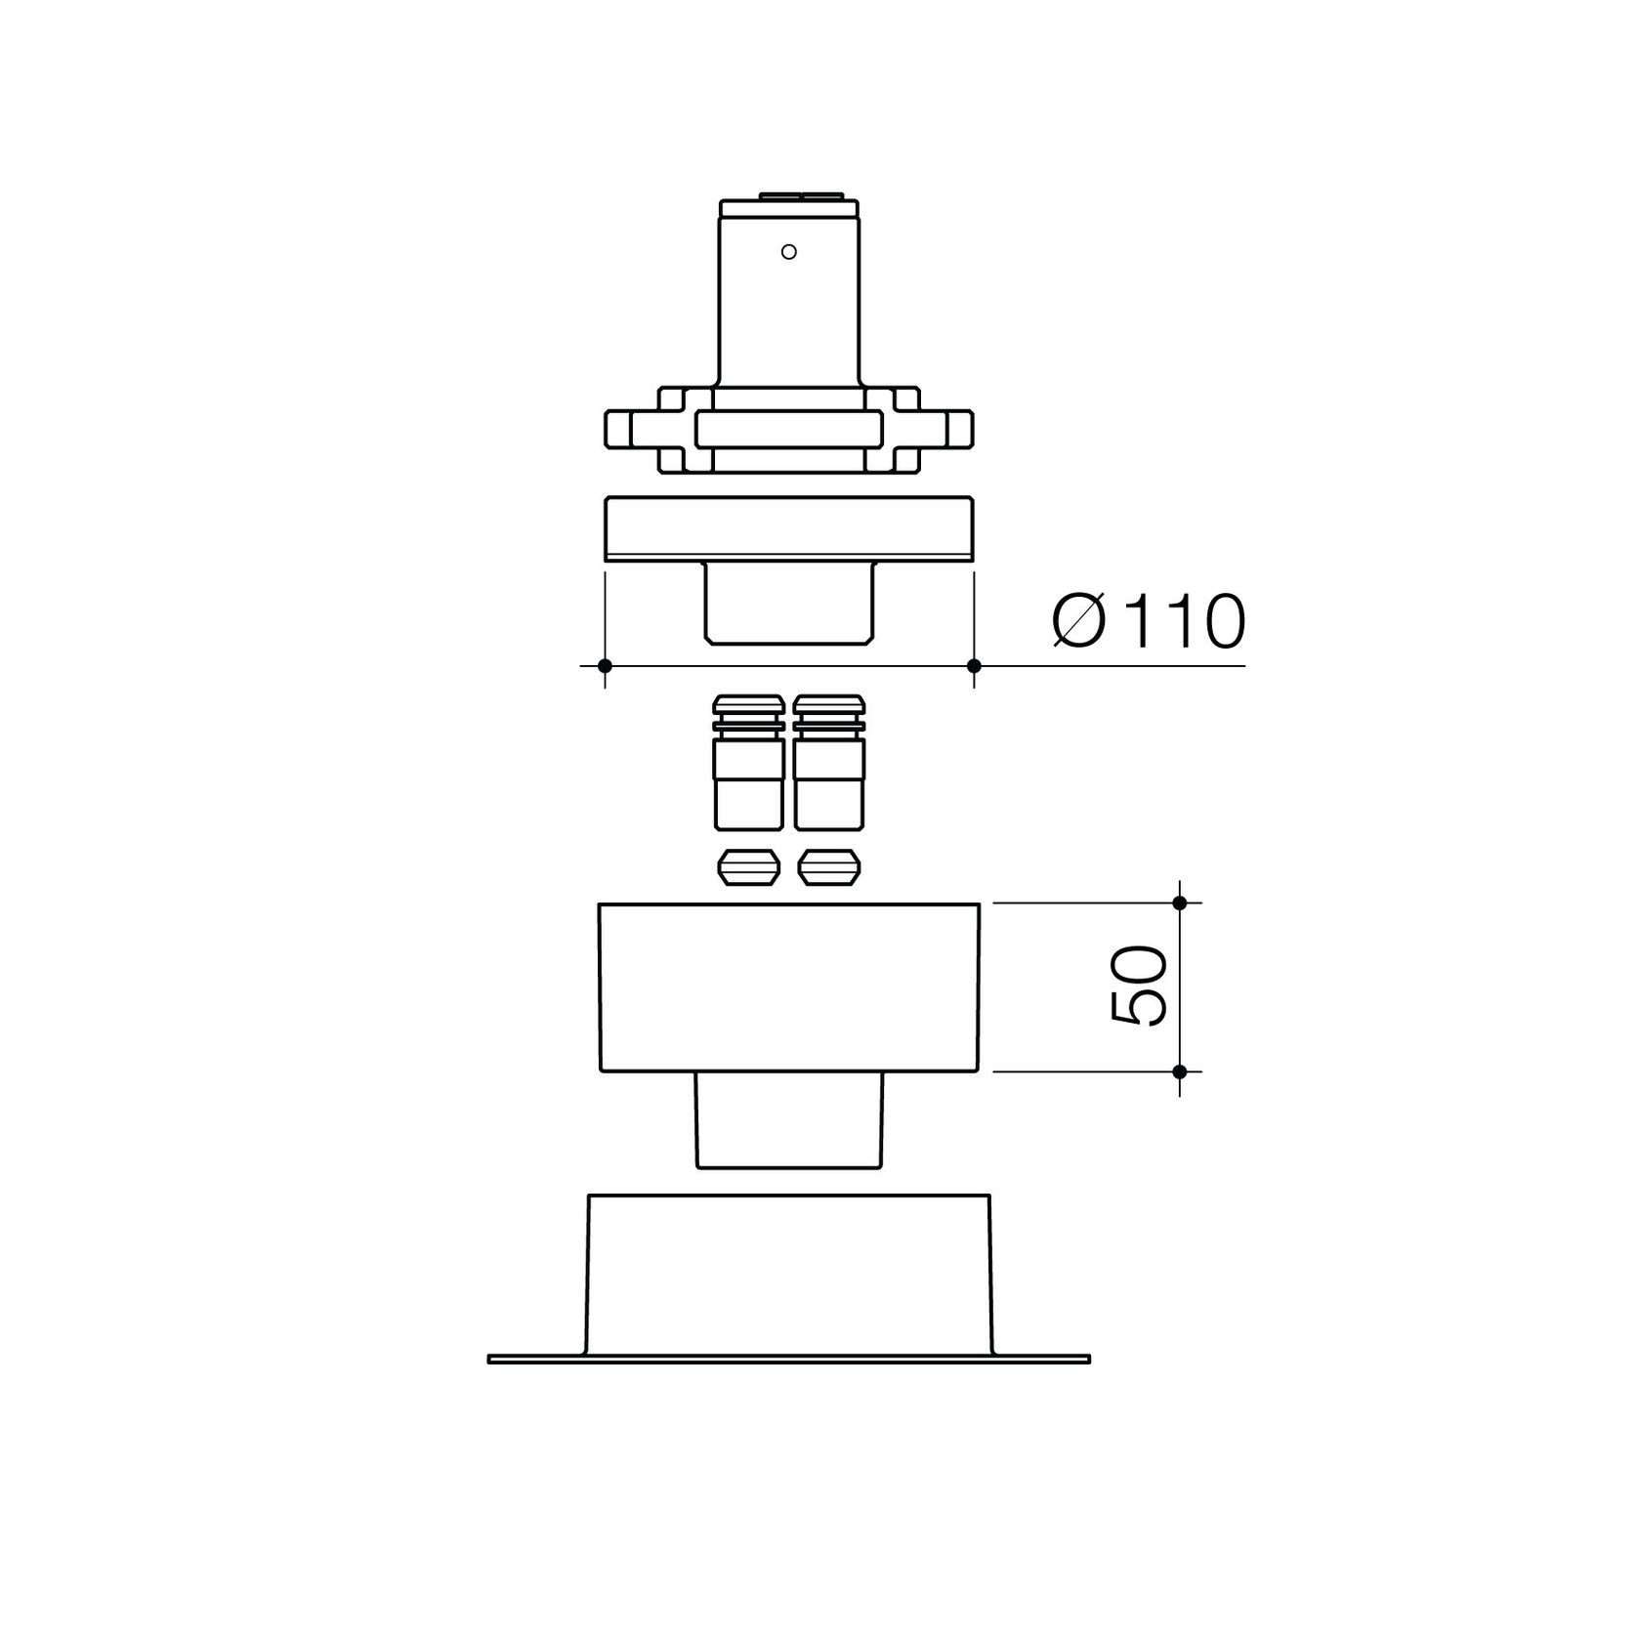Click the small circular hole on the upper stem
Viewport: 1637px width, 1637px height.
pyautogui.click(x=789, y=251)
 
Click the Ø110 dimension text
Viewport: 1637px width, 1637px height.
pyautogui.click(x=1149, y=621)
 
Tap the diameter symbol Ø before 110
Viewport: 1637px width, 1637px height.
pyautogui.click(x=1079, y=621)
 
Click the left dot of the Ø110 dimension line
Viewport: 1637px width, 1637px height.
pyautogui.click(x=605, y=666)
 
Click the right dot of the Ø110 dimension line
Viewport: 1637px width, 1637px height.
pyautogui.click(x=973, y=666)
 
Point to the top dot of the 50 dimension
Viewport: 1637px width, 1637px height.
pyautogui.click(x=1179, y=902)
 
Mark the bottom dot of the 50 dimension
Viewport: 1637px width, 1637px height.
pyautogui.click(x=1179, y=1071)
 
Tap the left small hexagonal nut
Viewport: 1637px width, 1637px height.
pyautogui.click(x=749, y=867)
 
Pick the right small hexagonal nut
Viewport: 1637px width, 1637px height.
pyautogui.click(x=829, y=867)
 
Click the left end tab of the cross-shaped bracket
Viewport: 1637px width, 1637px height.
pyautogui.click(x=618, y=428)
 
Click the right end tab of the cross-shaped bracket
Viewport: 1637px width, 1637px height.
pyautogui.click(x=961, y=428)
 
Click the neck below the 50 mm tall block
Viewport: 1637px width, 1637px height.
pyautogui.click(x=789, y=1119)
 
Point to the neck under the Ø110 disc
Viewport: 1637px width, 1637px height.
pyautogui.click(x=789, y=604)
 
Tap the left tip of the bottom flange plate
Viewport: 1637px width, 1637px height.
pyautogui.click(x=491, y=1359)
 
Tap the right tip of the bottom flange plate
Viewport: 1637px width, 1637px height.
pyautogui.click(x=1086, y=1359)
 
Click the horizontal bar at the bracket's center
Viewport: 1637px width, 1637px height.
pyautogui.click(x=789, y=429)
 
